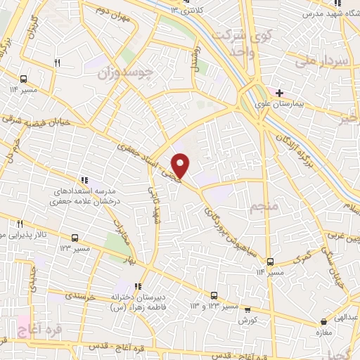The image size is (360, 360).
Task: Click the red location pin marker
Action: [181, 166]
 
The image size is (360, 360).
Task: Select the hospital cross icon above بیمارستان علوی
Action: [280, 92]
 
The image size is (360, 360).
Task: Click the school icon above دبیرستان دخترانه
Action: [139, 286]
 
